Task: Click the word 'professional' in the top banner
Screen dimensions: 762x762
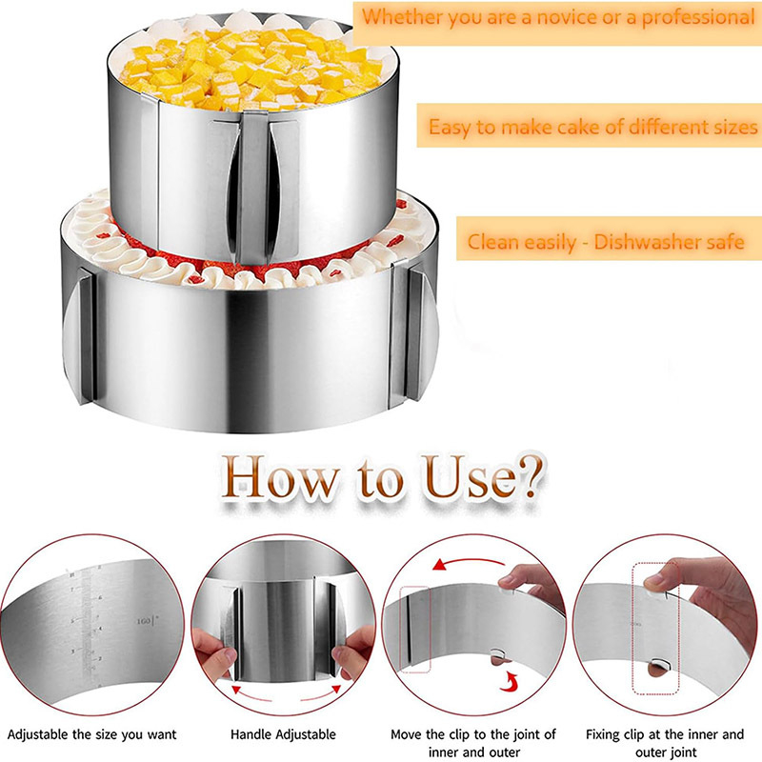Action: (698, 18)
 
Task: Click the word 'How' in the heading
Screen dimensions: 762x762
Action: (280, 478)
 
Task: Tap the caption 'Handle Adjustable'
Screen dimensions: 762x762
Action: (283, 733)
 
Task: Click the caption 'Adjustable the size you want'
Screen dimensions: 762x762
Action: (91, 734)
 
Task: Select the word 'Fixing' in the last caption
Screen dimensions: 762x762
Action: (602, 734)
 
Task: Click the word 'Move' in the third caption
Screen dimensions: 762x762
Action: (407, 733)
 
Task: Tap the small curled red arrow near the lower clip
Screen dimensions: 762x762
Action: (511, 681)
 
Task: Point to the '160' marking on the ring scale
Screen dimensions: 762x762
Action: (144, 621)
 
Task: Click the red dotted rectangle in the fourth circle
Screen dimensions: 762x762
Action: (655, 629)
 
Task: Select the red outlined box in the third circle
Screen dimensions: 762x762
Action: (414, 630)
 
